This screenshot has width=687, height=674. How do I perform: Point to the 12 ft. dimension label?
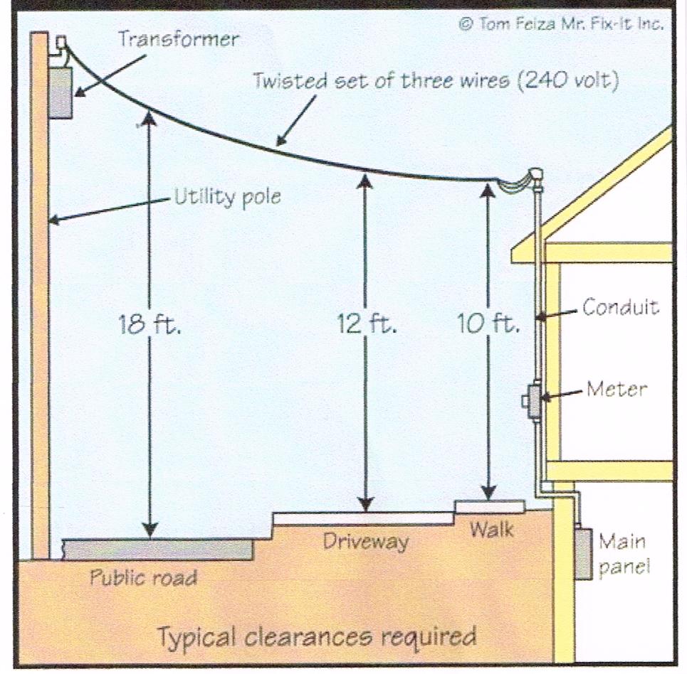click(x=366, y=324)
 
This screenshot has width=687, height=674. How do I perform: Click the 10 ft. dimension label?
click(x=488, y=324)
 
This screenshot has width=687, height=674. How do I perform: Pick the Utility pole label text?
click(x=227, y=197)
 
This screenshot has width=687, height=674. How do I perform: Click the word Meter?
click(x=617, y=390)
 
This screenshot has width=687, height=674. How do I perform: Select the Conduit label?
click(x=620, y=307)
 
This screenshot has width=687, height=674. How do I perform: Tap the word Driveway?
click(x=366, y=542)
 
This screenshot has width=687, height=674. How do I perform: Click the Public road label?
click(x=142, y=577)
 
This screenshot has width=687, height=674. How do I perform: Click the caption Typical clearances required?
click(x=317, y=635)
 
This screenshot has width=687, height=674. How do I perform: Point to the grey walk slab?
click(x=490, y=506)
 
